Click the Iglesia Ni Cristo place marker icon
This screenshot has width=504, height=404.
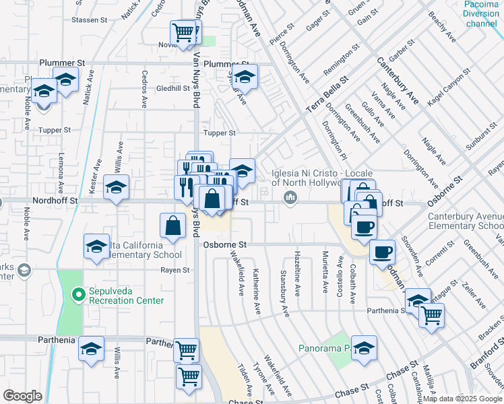click(x=291, y=197)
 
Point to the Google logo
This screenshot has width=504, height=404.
click(x=22, y=396)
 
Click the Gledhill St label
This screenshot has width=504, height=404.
click(x=173, y=88)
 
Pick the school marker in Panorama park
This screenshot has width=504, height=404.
click(x=364, y=347)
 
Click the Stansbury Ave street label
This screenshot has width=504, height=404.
click(x=284, y=294)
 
